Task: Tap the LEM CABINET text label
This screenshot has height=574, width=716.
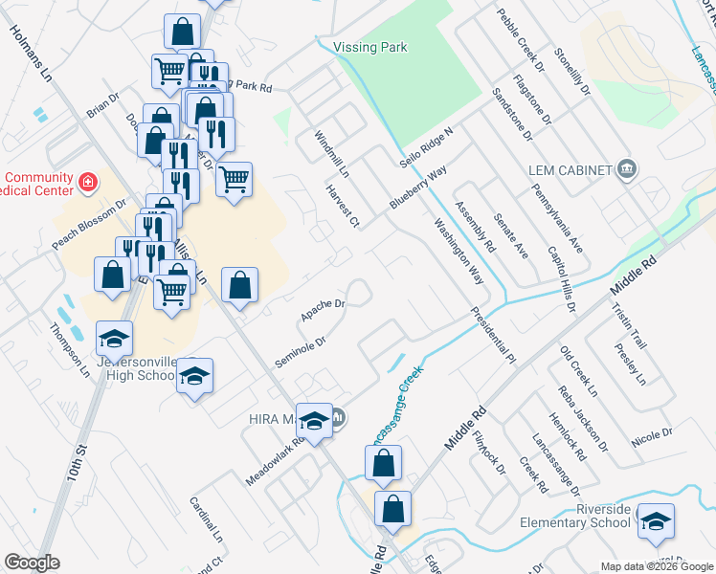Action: coord(570,170)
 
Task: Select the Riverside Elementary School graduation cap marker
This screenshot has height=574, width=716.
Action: coord(657,521)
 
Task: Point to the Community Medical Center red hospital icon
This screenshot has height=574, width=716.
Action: coord(87,180)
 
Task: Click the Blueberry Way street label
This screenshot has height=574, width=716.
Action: coord(418,188)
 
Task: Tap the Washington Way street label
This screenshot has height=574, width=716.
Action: coord(458,253)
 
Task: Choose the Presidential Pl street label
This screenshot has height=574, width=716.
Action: coord(492,335)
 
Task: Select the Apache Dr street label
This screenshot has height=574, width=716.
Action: coord(322,309)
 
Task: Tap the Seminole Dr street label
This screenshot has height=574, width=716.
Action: coord(301,353)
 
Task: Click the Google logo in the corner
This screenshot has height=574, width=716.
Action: coord(32,563)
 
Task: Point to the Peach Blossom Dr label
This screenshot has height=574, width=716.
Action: coord(89,225)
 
